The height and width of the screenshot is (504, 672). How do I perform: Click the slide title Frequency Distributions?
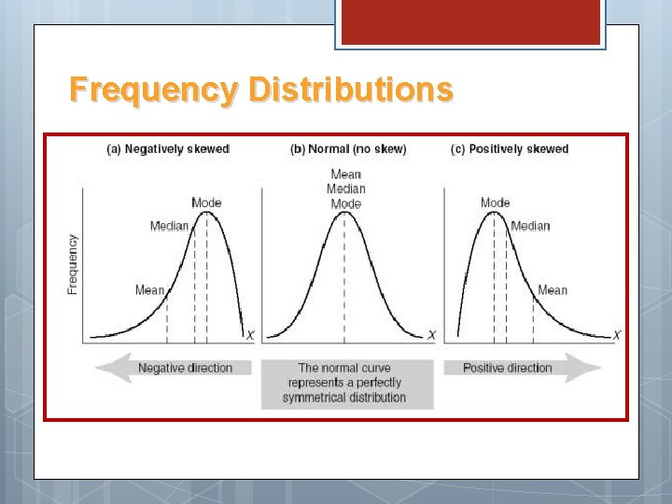261,91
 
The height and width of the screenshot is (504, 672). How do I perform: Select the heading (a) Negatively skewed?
163,149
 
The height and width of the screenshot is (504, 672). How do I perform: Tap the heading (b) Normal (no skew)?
349,149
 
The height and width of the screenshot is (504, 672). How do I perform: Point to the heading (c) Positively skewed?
510,149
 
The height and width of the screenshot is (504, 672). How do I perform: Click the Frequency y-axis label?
73,264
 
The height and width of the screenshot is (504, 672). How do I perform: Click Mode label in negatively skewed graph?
206,203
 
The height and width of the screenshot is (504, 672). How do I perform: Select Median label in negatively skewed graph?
169,226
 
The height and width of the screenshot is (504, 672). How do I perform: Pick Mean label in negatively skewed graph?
149,290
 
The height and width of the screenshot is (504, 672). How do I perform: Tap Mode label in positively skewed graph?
496,203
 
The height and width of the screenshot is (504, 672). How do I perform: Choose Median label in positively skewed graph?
530,226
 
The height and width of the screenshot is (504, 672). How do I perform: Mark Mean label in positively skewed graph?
552,290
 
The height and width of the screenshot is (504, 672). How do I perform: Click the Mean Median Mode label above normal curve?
346,189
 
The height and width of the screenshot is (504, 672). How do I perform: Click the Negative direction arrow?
174,368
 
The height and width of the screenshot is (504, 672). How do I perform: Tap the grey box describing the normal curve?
346,383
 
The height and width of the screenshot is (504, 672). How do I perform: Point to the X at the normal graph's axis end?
430,335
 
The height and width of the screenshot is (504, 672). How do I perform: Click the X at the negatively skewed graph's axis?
248,335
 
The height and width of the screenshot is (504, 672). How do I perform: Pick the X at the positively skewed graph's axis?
617,335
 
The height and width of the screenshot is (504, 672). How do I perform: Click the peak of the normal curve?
345,213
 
